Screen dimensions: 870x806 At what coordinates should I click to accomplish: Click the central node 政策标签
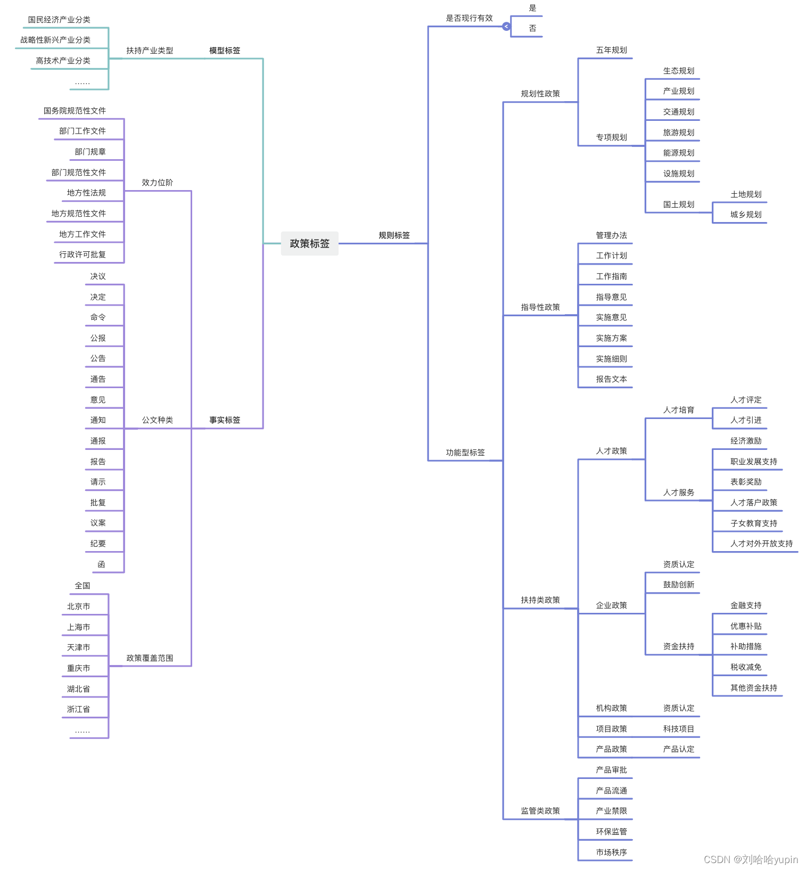point(309,243)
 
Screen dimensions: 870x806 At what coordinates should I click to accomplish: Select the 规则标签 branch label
point(394,235)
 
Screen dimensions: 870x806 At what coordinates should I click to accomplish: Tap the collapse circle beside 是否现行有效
point(506,26)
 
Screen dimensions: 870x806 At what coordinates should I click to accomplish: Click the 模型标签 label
point(225,51)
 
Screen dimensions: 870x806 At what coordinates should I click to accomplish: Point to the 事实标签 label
point(225,420)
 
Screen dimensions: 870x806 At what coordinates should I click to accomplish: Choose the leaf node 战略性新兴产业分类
point(55,40)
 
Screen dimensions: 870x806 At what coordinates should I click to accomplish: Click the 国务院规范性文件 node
point(75,111)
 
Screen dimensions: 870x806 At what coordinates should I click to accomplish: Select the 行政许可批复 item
point(83,255)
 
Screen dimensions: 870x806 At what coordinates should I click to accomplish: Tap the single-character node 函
point(101,564)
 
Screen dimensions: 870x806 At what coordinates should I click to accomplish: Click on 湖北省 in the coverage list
point(78,689)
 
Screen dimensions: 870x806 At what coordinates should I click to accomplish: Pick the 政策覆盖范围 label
point(150,658)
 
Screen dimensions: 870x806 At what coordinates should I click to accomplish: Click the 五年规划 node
point(611,50)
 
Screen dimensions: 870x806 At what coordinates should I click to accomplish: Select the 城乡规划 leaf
point(746,215)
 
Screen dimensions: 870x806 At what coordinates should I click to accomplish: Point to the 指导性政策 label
point(540,307)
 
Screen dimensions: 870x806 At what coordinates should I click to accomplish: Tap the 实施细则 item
point(611,359)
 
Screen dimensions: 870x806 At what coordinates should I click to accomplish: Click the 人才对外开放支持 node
point(761,544)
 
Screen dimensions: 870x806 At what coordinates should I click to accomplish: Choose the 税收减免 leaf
point(746,667)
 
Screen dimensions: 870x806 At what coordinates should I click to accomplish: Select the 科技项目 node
point(679,729)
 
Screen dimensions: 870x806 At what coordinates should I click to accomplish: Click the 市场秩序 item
point(611,852)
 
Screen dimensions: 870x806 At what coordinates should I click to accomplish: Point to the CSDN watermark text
point(751,859)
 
